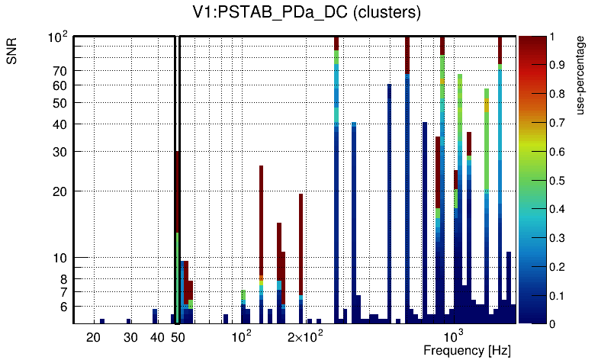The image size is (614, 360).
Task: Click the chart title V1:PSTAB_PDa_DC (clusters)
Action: (x=306, y=13)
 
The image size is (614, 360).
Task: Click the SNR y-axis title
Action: (x=12, y=53)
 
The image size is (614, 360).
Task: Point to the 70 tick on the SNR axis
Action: (x=60, y=71)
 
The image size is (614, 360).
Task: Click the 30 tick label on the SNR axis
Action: (x=60, y=151)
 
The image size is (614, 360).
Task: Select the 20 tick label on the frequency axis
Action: (x=94, y=338)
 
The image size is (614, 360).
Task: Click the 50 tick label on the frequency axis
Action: (x=178, y=338)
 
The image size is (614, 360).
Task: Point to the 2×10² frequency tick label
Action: (x=304, y=337)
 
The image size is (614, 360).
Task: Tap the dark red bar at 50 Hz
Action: (x=178, y=191)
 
